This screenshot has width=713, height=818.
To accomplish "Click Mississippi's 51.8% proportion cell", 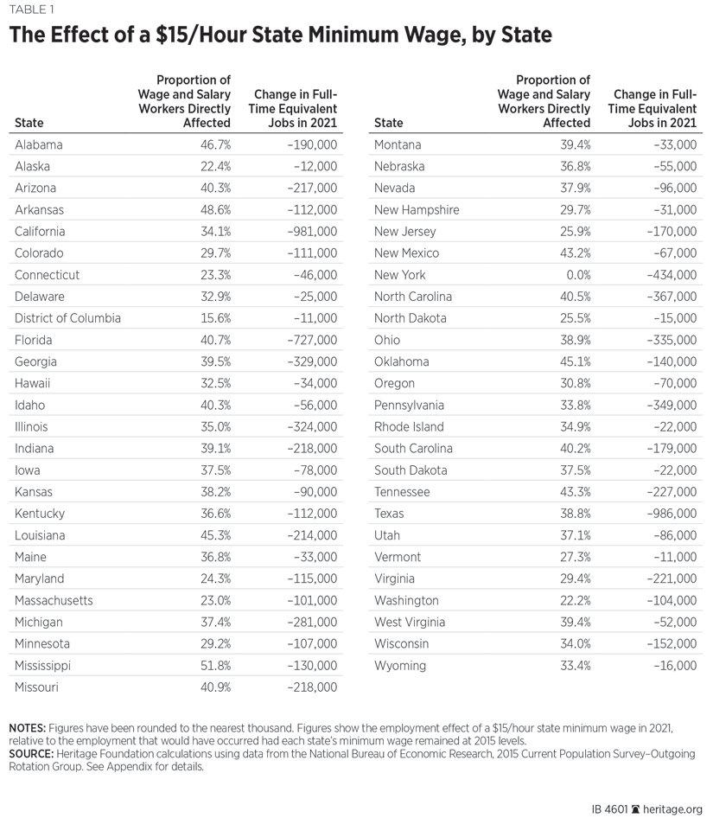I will click(x=213, y=666).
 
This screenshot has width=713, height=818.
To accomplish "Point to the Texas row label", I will click(x=389, y=514).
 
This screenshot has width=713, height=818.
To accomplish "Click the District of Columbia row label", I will click(x=68, y=318).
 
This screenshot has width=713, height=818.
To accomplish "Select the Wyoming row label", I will click(x=400, y=666).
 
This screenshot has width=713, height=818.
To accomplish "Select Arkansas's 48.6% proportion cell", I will click(x=213, y=209).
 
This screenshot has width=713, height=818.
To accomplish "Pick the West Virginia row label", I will click(x=411, y=623).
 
